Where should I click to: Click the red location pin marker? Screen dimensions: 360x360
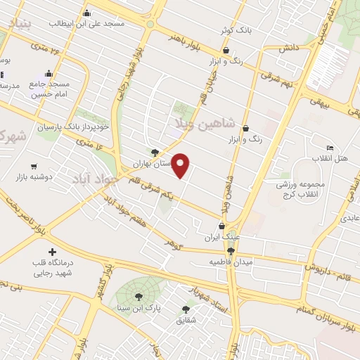click(x=181, y=165)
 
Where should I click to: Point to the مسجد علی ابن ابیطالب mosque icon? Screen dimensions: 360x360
click(x=86, y=13)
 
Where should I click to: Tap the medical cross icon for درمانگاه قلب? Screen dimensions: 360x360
click(x=51, y=252)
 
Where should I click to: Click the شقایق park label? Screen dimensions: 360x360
click(x=186, y=320)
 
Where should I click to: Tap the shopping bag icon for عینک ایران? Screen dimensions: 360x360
click(x=222, y=226)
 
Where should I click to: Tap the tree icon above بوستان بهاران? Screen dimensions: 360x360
click(x=154, y=151)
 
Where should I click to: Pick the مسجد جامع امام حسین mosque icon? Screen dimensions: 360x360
click(x=48, y=73)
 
